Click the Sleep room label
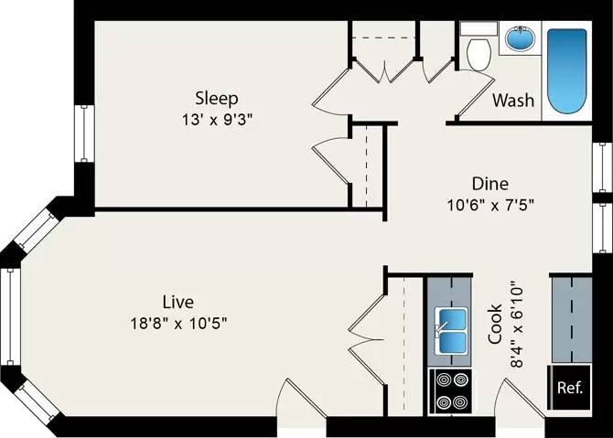tap(217, 99)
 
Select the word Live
tap(178, 302)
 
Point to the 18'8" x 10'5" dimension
tap(178, 324)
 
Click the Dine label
tap(490, 184)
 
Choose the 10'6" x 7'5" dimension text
tap(490, 205)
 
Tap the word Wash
tap(513, 101)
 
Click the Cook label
tap(495, 324)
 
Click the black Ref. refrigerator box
tap(569, 387)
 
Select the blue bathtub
tap(566, 70)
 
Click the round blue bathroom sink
tap(520, 38)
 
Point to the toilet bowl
tap(479, 54)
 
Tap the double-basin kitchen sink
tap(452, 330)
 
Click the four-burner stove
tap(451, 390)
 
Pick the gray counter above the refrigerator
tap(571, 320)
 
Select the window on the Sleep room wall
tap(84, 133)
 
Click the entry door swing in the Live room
tap(301, 398)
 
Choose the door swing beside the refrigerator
tap(520, 398)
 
